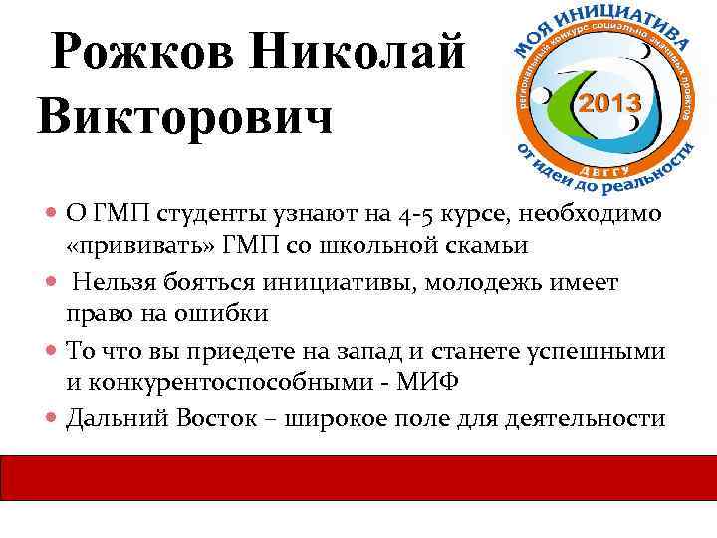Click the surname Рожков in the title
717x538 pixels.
(143, 53)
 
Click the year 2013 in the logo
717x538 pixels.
(609, 103)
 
